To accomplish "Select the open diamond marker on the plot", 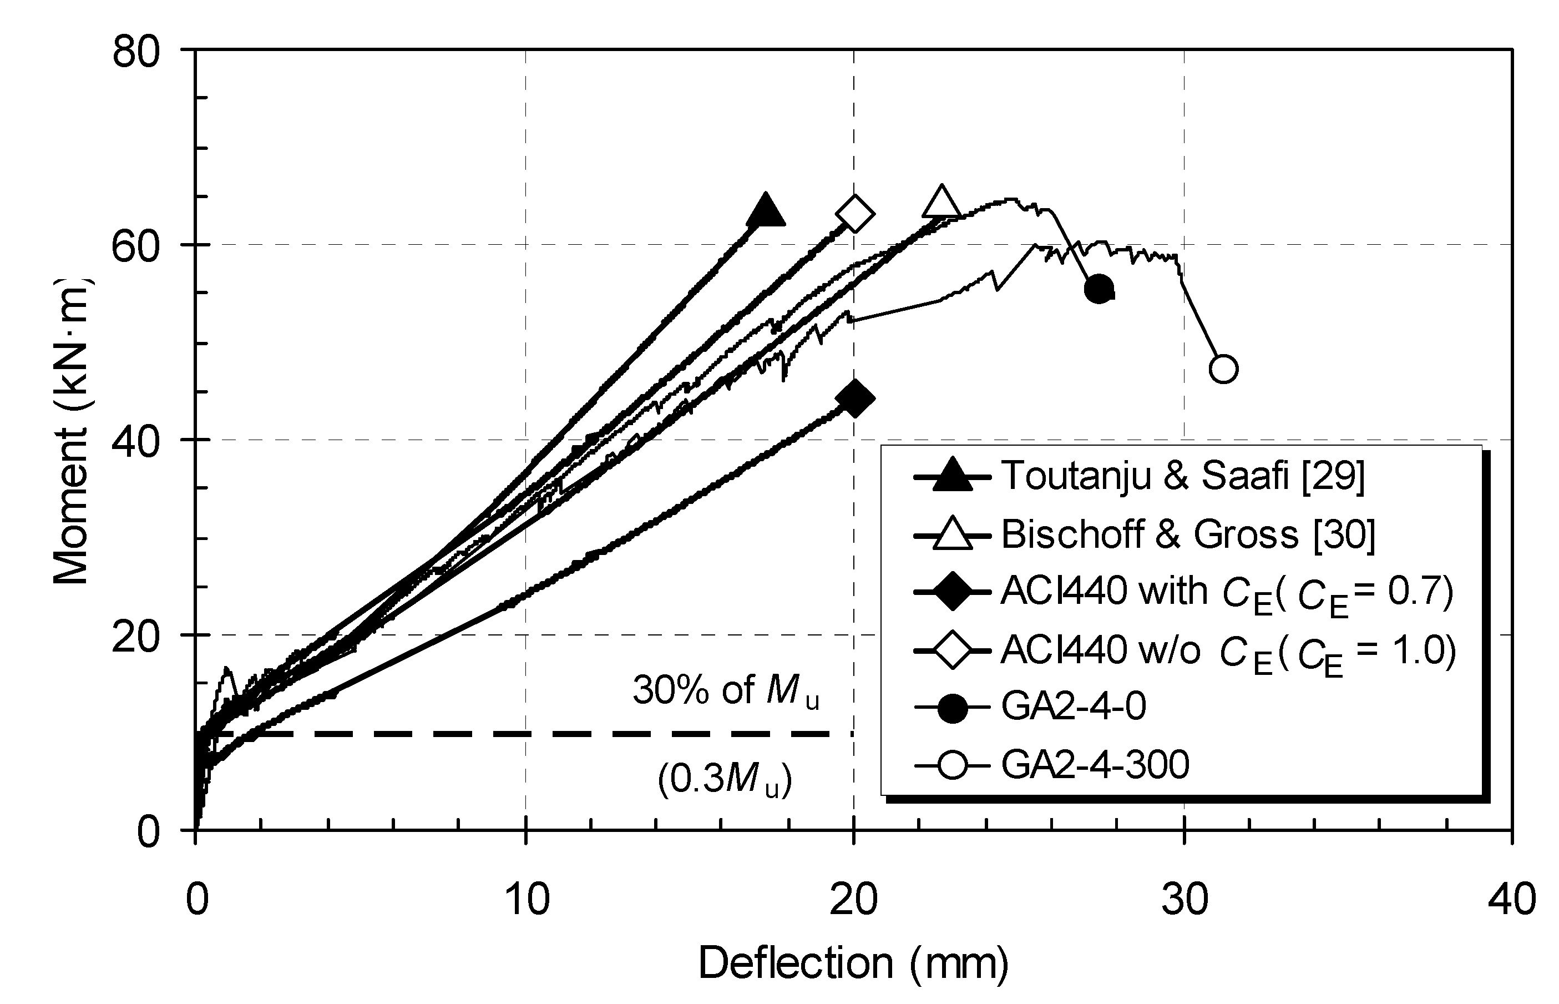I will [x=854, y=213].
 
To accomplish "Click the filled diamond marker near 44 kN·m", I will [x=854, y=398].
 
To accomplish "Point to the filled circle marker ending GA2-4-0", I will [x=1099, y=290].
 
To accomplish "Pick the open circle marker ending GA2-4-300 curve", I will [x=1223, y=369].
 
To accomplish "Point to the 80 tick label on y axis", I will [x=136, y=52].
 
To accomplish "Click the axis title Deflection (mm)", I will [x=853, y=964].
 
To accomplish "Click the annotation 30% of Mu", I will [x=725, y=690].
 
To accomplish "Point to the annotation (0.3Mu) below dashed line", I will [x=725, y=780].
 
